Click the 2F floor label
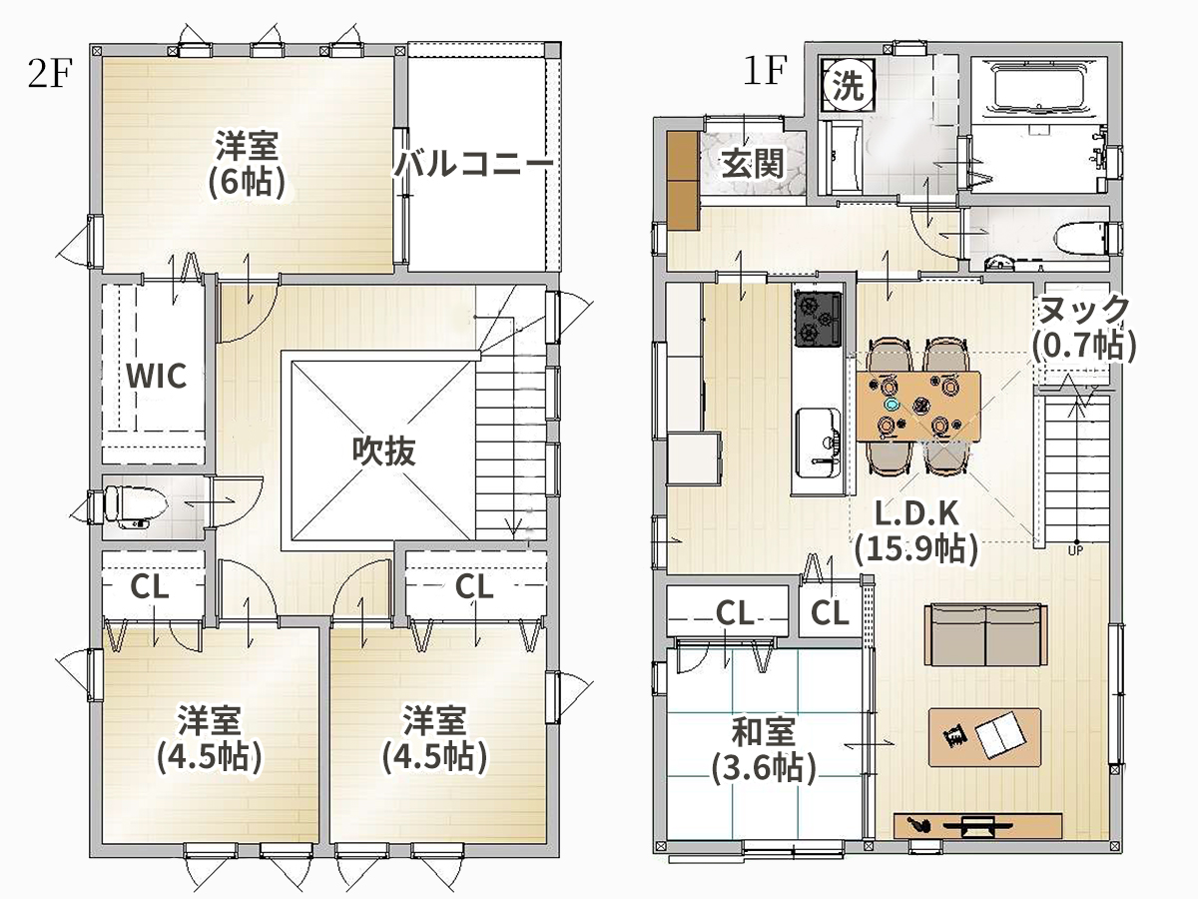pos(50,74)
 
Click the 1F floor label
pos(765,70)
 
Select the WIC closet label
pos(156,376)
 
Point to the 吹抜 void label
pos(383,450)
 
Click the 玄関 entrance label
pos(753,163)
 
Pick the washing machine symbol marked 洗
pos(849,86)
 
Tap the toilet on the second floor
pos(133,506)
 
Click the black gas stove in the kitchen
pos(818,319)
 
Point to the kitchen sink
pos(818,442)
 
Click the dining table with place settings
pos(918,407)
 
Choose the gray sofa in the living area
pos(986,633)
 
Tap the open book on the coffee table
pos(1000,735)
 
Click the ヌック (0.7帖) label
pos(1083,327)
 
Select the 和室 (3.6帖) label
pos(763,750)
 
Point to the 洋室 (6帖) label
pos(248,163)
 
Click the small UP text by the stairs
pos(1075,551)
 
